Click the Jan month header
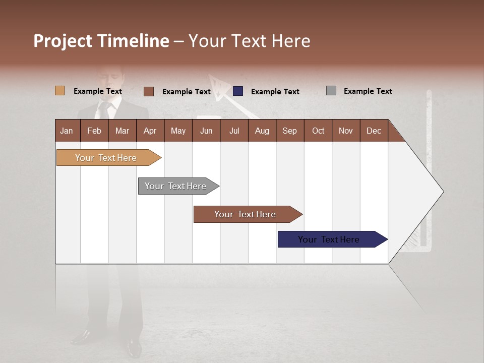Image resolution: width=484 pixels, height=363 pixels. click(x=67, y=131)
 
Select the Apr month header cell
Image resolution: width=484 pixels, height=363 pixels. click(x=150, y=131)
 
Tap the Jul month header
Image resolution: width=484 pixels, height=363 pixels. click(x=234, y=131)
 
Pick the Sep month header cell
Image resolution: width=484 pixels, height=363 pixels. click(x=290, y=131)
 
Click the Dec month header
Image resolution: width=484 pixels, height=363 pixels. click(x=374, y=131)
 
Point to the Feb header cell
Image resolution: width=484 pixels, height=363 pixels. click(x=94, y=131)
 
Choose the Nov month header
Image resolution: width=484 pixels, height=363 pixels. click(x=346, y=131)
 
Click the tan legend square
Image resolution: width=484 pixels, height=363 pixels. click(x=60, y=91)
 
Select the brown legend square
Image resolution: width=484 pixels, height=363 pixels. click(x=149, y=91)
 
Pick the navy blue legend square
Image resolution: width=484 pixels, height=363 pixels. click(x=238, y=91)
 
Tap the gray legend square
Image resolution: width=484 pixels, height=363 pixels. click(x=331, y=91)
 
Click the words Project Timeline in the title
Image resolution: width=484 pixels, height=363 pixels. click(x=101, y=41)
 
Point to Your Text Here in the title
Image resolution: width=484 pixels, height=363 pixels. click(x=250, y=41)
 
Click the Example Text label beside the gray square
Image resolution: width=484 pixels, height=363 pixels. click(x=368, y=91)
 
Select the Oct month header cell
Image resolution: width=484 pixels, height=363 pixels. click(x=318, y=131)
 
